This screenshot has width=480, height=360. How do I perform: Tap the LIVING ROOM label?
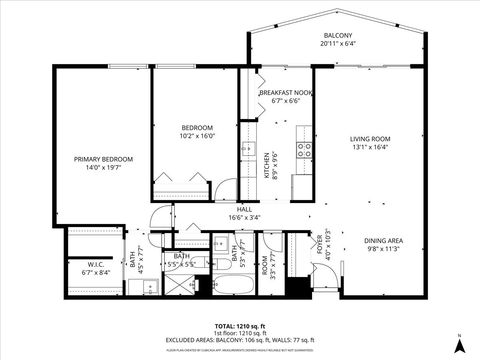[x=369, y=138]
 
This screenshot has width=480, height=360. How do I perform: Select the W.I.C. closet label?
[x=82, y=264]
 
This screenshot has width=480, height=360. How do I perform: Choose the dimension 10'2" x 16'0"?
[x=197, y=136]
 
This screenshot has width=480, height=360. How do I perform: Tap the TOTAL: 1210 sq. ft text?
[x=240, y=326]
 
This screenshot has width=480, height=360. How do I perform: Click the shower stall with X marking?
[x=186, y=285]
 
